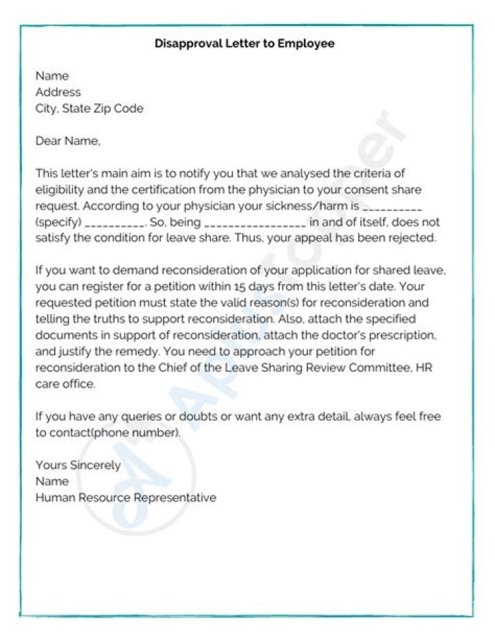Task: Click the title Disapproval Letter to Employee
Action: [x=244, y=44]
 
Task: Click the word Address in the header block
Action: [x=58, y=92]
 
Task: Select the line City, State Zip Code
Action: [x=89, y=109]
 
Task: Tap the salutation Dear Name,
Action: [x=67, y=142]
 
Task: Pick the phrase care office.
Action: [x=65, y=384]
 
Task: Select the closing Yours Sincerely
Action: [x=78, y=465]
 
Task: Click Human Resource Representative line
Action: [x=126, y=498]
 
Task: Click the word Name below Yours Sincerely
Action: [x=52, y=481]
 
